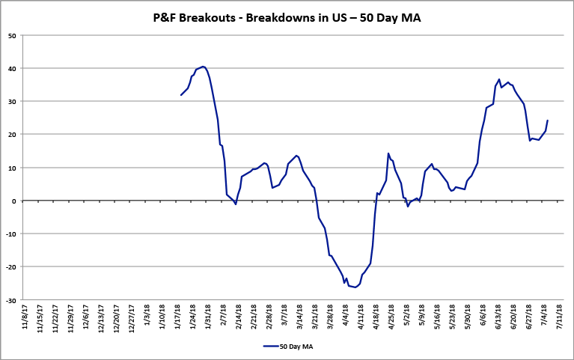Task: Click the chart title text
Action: pyautogui.click(x=287, y=16)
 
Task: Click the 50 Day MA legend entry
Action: pyautogui.click(x=287, y=346)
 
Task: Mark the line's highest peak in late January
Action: pyautogui.click(x=203, y=67)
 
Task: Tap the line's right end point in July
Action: pyautogui.click(x=547, y=120)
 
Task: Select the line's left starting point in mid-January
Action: pyautogui.click(x=181, y=95)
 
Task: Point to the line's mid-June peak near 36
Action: pyautogui.click(x=499, y=79)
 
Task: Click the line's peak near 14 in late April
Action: pyautogui.click(x=388, y=153)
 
